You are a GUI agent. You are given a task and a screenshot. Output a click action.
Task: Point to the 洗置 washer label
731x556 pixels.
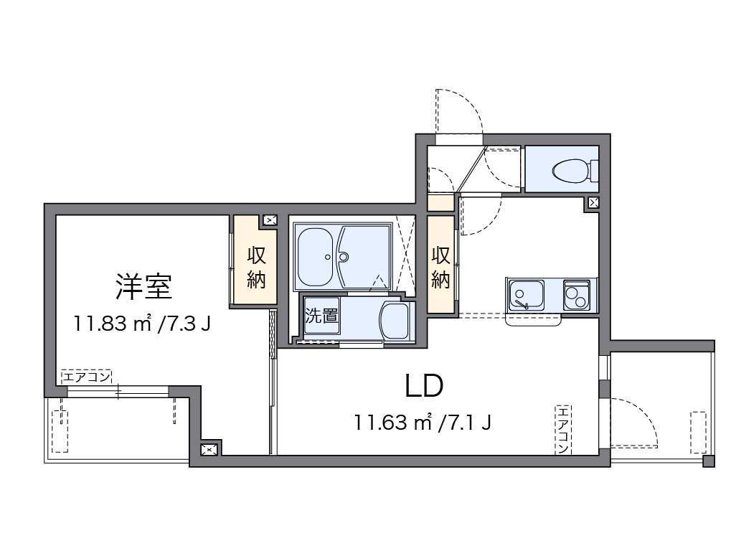[x=321, y=316]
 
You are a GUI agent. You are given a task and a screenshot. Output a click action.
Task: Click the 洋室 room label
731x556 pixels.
[x=143, y=286]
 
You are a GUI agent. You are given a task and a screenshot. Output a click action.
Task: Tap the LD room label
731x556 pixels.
[x=424, y=386]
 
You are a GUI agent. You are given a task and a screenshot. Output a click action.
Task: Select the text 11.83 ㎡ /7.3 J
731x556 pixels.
[x=142, y=324]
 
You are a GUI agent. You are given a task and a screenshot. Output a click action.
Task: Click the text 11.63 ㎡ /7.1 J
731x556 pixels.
[x=423, y=422]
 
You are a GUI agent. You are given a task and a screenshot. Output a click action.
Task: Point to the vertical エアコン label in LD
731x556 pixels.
[x=562, y=429]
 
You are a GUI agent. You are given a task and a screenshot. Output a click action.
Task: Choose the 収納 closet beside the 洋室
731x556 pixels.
[x=256, y=267]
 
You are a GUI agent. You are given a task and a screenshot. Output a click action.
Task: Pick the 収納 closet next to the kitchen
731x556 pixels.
[x=440, y=267]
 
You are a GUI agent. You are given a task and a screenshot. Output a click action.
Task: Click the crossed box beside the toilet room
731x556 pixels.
[x=593, y=203]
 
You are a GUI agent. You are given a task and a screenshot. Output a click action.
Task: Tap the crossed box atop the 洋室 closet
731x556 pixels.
[x=270, y=221]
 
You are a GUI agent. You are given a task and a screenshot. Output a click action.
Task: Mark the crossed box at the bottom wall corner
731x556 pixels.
[x=209, y=449]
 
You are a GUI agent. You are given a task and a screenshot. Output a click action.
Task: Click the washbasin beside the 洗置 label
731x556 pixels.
[x=395, y=321]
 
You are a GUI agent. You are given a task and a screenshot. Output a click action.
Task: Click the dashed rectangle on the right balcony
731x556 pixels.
[x=697, y=432]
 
